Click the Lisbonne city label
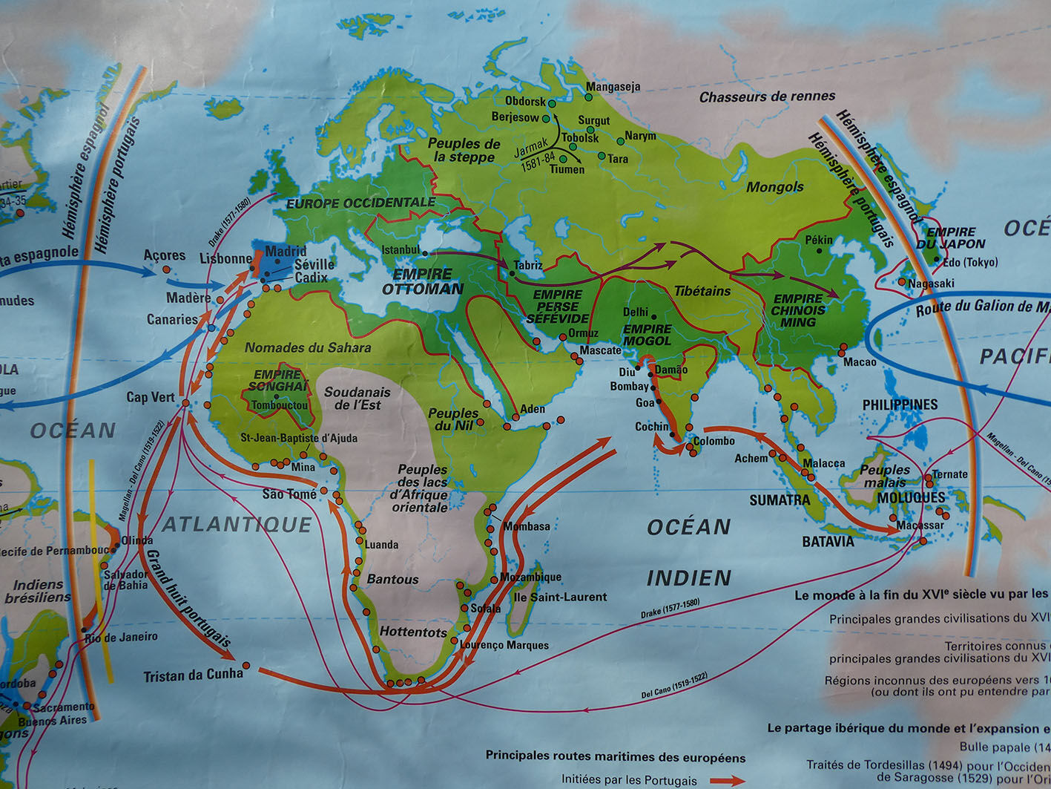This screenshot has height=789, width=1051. point(225,258)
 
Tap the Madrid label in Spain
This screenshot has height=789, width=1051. point(286,251)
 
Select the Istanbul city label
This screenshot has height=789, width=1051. point(401,250)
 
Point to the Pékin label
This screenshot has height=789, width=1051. point(819,240)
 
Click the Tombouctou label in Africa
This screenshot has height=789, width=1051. point(280,405)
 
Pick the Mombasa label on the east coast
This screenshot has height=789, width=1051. point(527,526)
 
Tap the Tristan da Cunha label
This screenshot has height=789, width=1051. point(193,675)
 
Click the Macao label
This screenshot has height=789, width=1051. point(859,361)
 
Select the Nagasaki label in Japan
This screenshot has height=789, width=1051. point(931,283)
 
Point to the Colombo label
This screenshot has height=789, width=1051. point(714,441)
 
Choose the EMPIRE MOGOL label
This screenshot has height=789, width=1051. point(647,335)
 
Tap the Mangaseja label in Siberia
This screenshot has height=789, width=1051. point(613,87)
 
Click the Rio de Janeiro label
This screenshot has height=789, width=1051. point(121,637)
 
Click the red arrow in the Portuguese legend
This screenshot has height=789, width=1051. point(727,780)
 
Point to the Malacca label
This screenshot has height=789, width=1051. point(823,463)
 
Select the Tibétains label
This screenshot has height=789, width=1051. point(702,291)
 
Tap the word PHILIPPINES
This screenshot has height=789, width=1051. point(900,405)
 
